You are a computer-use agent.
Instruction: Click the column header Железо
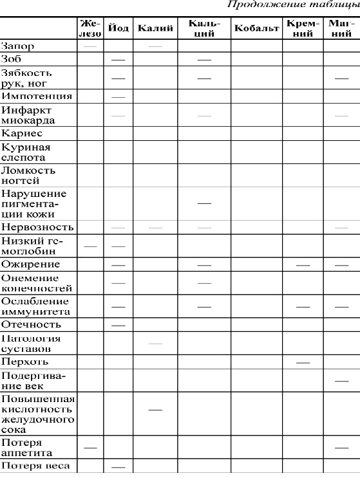tap(91, 28)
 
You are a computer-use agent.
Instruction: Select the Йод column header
tap(118, 29)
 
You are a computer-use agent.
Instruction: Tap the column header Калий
tap(155, 29)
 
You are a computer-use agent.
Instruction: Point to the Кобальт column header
tap(256, 29)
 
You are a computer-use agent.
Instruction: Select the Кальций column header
tap(204, 28)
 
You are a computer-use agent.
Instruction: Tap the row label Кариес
tap(22, 134)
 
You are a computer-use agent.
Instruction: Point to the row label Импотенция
tap(36, 96)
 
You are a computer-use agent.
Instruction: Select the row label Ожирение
tap(30, 264)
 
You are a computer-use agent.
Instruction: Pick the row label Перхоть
tap(24, 363)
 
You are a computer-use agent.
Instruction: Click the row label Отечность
tap(31, 325)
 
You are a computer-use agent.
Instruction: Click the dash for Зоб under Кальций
tap(204, 59)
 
